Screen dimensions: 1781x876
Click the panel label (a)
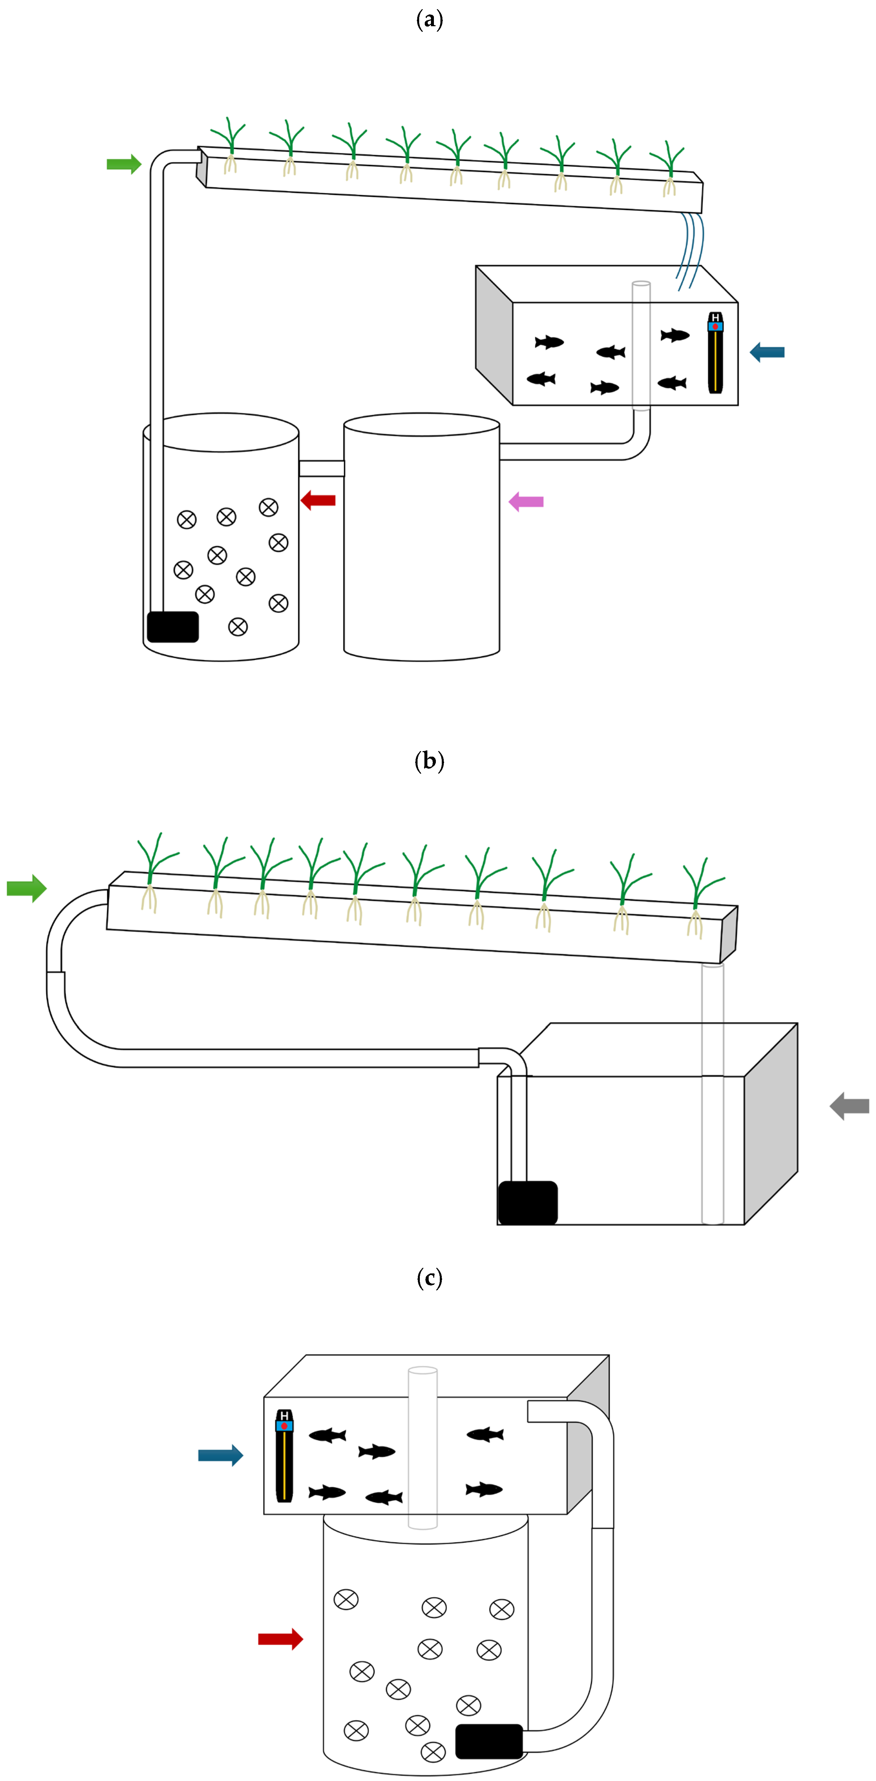(x=429, y=19)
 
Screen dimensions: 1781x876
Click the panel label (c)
(x=429, y=1278)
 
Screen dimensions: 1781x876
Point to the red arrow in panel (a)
(x=319, y=500)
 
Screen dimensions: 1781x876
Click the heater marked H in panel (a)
(x=715, y=353)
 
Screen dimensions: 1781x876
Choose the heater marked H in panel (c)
(x=284, y=1455)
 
